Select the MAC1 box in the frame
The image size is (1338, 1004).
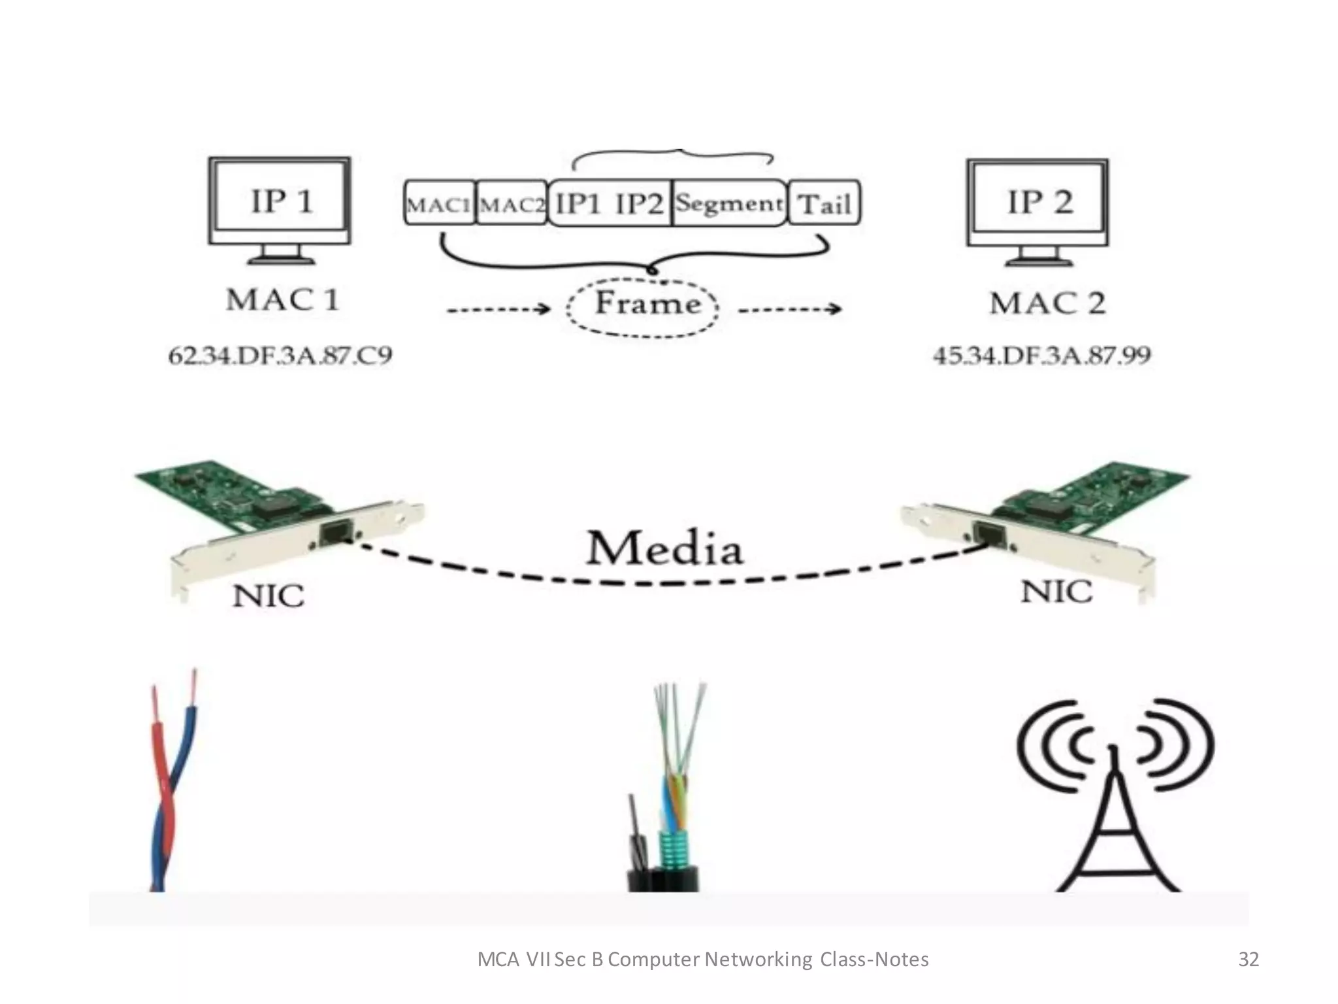click(439, 204)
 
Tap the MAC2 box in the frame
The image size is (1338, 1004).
click(512, 204)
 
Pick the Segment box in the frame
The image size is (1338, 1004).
click(728, 203)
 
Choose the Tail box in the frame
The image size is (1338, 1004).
click(824, 204)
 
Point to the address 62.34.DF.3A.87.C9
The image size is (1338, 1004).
click(280, 356)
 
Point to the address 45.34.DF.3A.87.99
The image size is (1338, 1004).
click(1041, 356)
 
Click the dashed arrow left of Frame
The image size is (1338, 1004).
click(498, 309)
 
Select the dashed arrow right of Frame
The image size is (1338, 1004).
click(789, 309)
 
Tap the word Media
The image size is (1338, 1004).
click(664, 549)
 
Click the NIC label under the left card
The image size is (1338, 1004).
click(269, 596)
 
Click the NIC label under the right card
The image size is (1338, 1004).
click(1056, 592)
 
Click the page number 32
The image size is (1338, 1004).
click(1248, 959)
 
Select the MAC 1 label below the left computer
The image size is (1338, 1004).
click(282, 300)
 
